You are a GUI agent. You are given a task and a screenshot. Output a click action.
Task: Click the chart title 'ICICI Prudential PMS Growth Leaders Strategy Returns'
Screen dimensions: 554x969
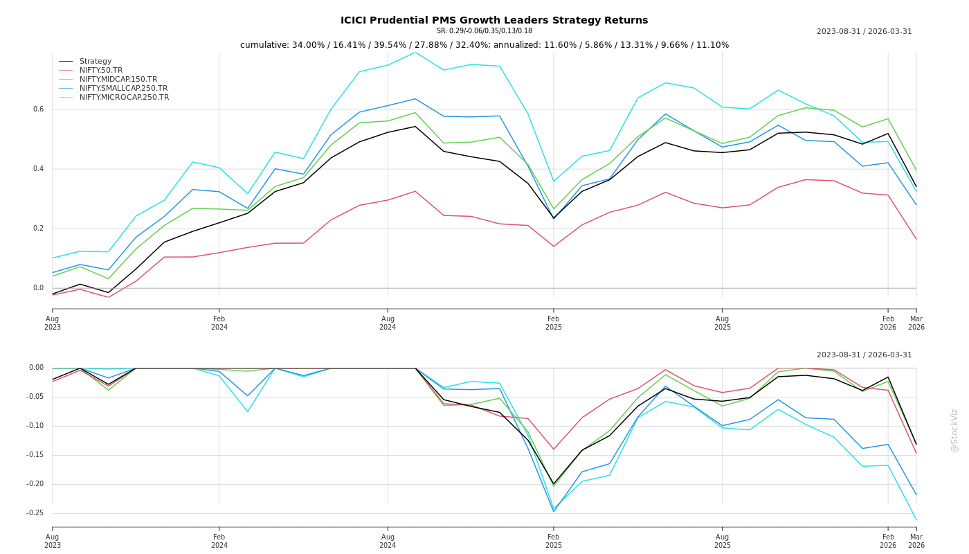pos(494,20)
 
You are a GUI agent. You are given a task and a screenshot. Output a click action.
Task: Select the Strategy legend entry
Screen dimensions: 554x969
pos(96,62)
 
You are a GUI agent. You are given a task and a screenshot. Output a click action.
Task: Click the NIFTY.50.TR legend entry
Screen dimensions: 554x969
pos(101,71)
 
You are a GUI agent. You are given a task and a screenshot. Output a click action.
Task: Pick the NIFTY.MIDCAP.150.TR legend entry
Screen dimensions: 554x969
pos(118,80)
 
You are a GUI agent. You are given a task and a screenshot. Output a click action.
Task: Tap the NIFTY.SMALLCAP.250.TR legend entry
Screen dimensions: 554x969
pos(123,89)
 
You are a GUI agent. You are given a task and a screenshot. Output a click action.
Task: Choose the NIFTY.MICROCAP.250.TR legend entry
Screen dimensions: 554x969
pos(124,98)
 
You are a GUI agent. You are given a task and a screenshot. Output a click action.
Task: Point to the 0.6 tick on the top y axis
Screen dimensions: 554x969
pos(39,109)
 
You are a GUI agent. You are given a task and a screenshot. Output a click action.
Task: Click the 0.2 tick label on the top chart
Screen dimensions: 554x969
pos(39,229)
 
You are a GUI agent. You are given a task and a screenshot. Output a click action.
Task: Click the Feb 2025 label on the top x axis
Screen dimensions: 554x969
pos(554,323)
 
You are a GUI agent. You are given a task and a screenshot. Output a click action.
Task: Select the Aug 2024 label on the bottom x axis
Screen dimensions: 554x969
pos(388,541)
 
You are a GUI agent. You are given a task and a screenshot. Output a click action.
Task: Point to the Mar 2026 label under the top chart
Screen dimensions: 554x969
pos(916,323)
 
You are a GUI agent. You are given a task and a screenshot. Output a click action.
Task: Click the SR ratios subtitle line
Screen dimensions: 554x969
pos(484,31)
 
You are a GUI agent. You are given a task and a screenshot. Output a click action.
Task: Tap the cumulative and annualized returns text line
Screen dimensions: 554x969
pos(484,45)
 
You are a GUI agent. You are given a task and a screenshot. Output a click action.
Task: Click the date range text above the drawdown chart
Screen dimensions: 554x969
pos(864,355)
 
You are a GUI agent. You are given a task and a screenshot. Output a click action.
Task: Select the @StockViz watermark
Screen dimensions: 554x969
pos(954,431)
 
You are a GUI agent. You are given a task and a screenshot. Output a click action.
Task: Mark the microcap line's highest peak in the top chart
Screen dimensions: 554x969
pos(415,53)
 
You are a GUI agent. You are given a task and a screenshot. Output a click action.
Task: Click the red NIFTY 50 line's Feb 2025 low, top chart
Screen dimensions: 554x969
pos(554,246)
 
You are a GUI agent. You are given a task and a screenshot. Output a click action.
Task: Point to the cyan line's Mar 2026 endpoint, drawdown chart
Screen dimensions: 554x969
pos(916,519)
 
